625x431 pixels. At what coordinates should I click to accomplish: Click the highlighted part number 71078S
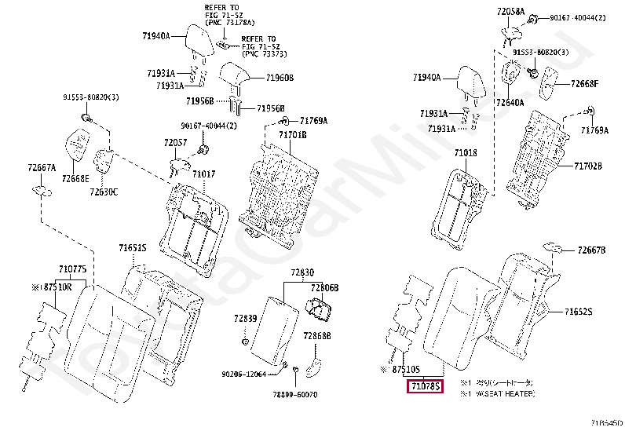(424, 385)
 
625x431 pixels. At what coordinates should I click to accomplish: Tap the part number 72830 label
(302, 272)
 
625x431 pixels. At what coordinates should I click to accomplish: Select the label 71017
(204, 173)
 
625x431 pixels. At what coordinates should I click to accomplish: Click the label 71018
(466, 152)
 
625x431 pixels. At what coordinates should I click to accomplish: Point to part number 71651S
(133, 248)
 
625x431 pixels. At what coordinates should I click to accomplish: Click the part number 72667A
(42, 167)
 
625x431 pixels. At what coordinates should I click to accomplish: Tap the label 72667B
(591, 250)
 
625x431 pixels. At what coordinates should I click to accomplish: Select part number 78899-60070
(295, 394)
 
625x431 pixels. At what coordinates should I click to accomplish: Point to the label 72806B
(323, 288)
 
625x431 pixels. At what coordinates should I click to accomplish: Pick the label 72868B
(316, 335)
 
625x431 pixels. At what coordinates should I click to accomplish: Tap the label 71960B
(279, 79)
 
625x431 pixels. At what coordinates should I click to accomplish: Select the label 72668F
(584, 84)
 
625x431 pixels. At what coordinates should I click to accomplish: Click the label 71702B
(587, 166)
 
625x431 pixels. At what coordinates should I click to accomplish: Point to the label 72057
(175, 143)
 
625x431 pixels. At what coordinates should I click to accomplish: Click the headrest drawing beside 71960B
(235, 77)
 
